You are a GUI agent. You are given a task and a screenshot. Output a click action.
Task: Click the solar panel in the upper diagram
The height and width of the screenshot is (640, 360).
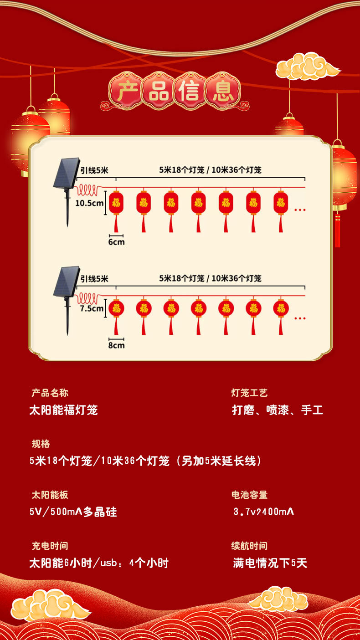pos(67,173)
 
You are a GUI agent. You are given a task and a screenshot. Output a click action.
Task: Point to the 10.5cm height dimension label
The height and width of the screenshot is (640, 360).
pos(89,203)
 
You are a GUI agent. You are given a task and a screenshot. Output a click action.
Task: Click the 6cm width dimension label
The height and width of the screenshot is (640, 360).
pos(116,242)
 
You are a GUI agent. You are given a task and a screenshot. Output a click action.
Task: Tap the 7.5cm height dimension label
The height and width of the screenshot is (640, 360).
pos(91,308)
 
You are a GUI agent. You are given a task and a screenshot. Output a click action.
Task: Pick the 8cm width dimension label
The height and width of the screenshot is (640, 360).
pos(116,345)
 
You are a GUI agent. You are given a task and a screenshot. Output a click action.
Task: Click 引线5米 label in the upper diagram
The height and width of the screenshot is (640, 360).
pos(94,170)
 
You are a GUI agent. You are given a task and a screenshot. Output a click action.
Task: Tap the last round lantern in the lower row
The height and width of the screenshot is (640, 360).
pos(281,308)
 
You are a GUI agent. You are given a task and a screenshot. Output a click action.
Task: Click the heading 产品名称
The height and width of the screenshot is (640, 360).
pos(50,393)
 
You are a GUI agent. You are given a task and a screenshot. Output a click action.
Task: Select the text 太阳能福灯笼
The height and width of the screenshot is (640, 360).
pos(63,410)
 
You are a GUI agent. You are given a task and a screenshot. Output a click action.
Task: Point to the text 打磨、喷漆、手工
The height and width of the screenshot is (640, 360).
pos(278,410)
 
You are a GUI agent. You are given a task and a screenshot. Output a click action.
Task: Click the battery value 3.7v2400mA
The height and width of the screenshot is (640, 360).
pos(264,512)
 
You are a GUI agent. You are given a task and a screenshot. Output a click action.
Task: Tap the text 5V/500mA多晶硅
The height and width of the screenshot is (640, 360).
pos(73,512)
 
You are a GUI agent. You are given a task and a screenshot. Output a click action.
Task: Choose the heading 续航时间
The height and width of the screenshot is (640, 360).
pos(249,546)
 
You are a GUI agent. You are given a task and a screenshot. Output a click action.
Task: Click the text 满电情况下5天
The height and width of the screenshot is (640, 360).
pos(270,563)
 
